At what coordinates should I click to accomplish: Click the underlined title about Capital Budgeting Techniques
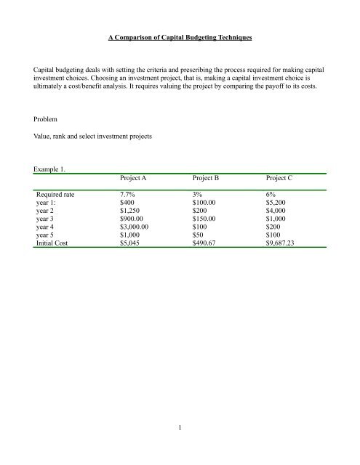point(180,35)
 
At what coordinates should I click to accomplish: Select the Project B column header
point(211,177)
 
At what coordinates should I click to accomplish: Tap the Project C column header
point(286,177)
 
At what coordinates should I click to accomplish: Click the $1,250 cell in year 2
point(132,214)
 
